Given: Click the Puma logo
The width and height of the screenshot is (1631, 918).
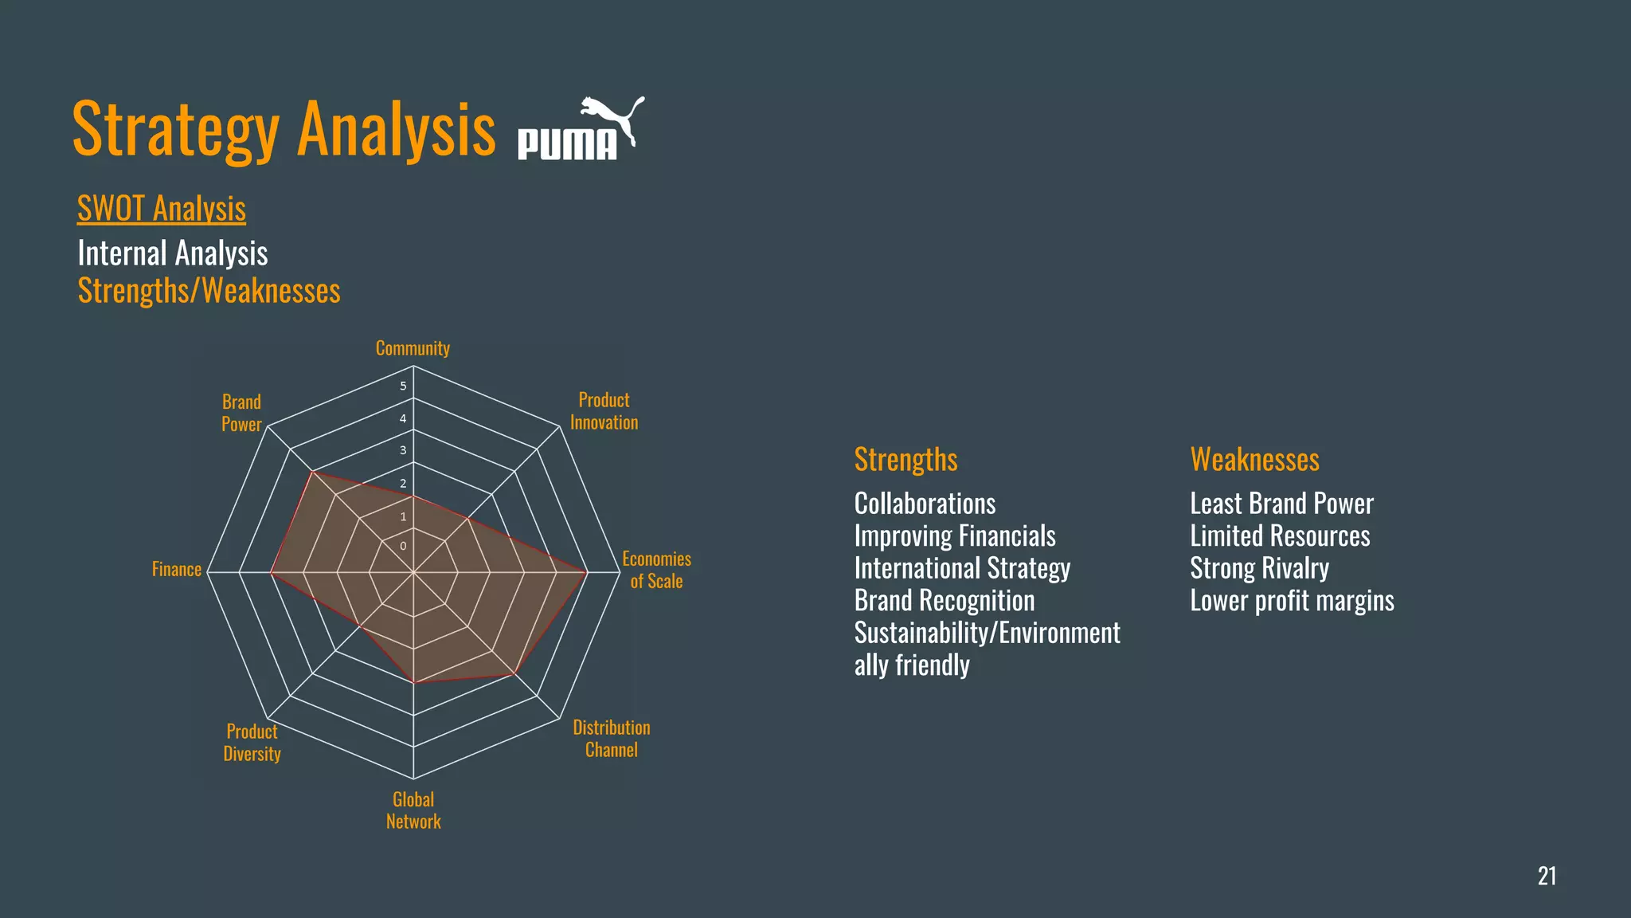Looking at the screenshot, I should click(x=581, y=129).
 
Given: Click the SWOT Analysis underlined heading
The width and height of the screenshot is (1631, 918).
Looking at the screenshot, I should click(x=162, y=209).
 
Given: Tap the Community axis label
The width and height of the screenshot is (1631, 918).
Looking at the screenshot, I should click(x=413, y=348).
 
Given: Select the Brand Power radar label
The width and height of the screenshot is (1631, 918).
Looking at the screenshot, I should click(x=241, y=413).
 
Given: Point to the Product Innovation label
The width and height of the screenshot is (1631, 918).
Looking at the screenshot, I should click(x=604, y=411).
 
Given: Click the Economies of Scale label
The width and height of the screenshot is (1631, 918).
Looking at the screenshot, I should click(x=656, y=570).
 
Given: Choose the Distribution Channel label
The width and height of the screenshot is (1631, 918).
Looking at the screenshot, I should click(x=612, y=739).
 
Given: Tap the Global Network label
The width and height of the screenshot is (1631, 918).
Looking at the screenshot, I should click(x=413, y=810).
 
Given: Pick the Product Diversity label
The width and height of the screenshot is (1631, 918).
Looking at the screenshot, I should click(x=252, y=743).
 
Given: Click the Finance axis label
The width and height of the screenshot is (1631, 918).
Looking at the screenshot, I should click(x=177, y=569).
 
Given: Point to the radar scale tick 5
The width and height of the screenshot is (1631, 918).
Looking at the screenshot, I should click(x=403, y=386).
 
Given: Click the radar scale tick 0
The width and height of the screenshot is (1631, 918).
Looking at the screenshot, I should click(x=403, y=546).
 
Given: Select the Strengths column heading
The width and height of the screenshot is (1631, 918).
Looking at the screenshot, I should click(x=905, y=460).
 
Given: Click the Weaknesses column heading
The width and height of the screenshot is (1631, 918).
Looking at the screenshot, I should click(x=1254, y=460).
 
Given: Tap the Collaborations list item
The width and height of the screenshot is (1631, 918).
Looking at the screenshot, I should click(x=925, y=504).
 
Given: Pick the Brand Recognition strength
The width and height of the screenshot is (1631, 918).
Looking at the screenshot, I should click(x=945, y=600).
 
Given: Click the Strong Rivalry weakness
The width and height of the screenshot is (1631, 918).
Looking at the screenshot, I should click(x=1259, y=568).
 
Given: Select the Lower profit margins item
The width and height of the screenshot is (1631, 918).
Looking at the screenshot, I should click(x=1292, y=600).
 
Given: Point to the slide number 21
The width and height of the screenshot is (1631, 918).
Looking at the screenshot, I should click(x=1547, y=876).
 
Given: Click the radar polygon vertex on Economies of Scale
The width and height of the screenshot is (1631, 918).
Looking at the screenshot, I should click(x=587, y=572).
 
